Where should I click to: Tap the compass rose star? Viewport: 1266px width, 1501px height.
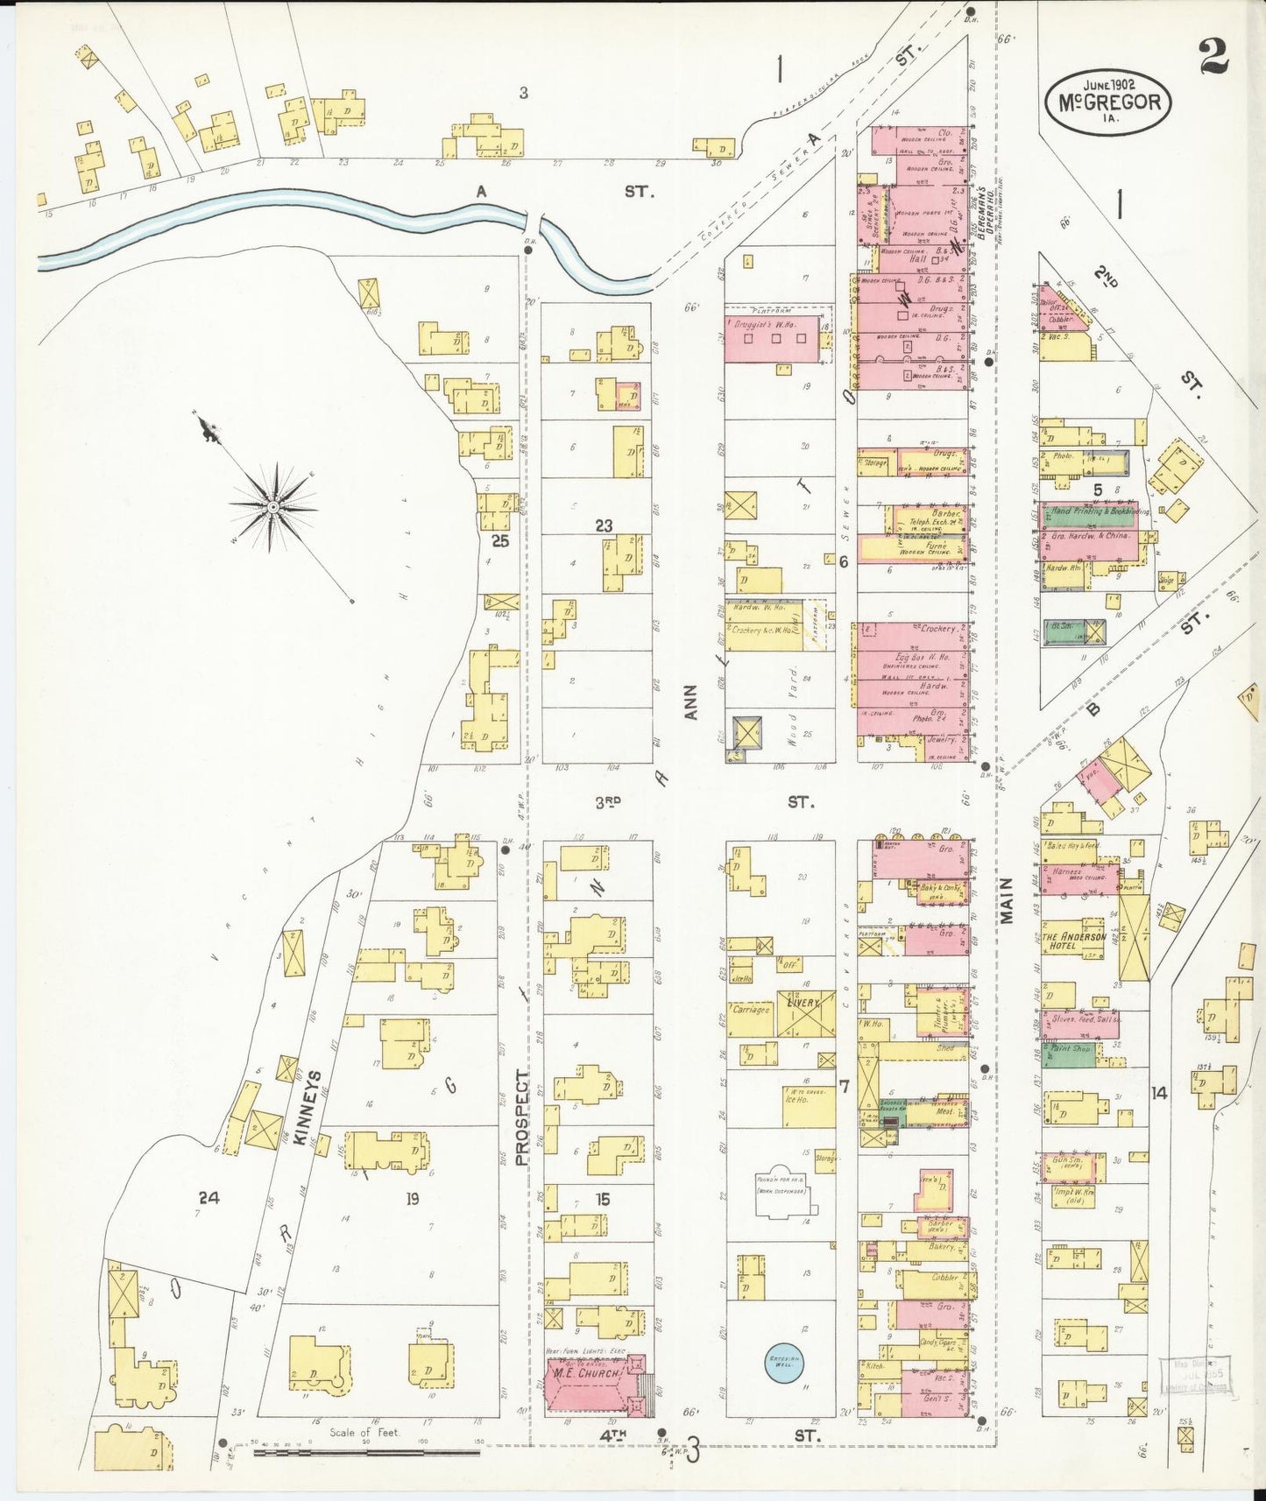273,507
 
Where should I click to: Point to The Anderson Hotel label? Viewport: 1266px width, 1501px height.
1073,941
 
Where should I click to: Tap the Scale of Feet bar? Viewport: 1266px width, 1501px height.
367,1452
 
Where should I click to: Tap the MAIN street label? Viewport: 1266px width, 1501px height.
1007,900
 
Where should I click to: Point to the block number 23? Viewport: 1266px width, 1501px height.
604,526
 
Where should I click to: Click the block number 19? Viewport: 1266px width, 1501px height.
412,1199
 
